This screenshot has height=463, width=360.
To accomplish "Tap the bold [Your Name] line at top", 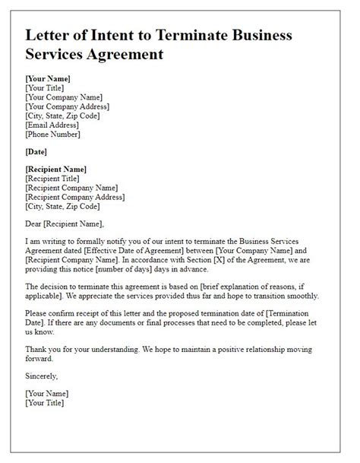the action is (47, 78).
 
